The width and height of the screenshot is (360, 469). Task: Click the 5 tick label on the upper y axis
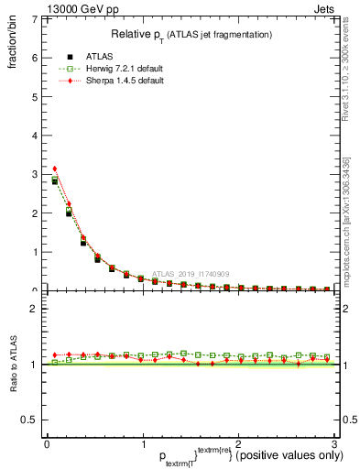tap(35, 96)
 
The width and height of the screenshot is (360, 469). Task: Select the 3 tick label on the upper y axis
tap(35, 174)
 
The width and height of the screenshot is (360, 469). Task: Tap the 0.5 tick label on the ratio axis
tap(31, 420)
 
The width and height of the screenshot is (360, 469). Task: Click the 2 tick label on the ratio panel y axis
tap(35, 310)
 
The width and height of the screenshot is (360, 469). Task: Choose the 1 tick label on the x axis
tap(142, 445)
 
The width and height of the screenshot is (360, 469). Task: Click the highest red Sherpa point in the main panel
tap(55, 169)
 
